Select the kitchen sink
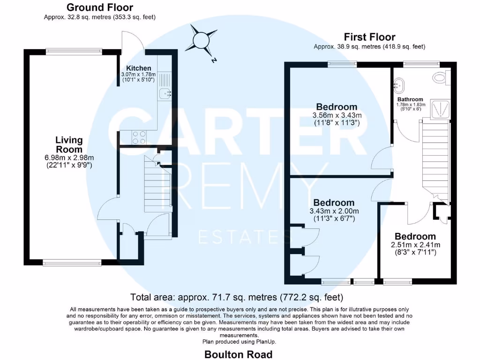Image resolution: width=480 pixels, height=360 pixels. click(165, 94)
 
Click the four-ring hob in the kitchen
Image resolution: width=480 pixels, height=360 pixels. click(139, 137)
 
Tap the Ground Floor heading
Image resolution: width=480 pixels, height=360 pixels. click(99, 7)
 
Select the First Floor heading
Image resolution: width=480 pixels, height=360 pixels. click(369, 37)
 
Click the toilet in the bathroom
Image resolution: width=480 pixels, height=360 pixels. click(441, 77)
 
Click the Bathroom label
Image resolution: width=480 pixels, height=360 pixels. click(410, 99)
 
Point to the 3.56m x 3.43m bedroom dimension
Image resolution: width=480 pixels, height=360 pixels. click(337, 115)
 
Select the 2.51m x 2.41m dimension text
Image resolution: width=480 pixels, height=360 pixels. click(415, 245)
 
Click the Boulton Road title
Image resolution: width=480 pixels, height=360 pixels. click(238, 354)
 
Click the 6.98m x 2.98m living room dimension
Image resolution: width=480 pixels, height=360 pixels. click(69, 157)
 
